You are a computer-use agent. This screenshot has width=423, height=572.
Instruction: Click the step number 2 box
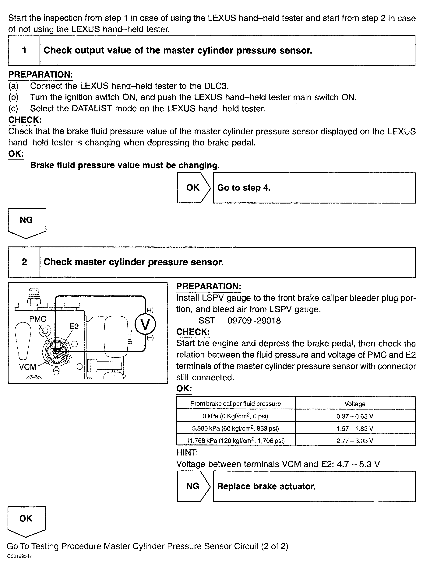tap(24, 262)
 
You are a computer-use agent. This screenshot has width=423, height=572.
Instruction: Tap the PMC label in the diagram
tap(38, 319)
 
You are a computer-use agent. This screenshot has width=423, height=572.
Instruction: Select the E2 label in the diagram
tap(74, 326)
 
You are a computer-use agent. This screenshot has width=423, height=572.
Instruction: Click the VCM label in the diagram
tap(27, 367)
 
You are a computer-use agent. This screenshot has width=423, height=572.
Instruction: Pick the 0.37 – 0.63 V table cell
tap(355, 416)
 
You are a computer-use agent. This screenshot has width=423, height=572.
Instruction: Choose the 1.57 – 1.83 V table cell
tap(355, 428)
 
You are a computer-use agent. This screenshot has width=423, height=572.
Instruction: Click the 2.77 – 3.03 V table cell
tap(355, 441)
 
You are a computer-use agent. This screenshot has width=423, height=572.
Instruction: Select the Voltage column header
tap(355, 404)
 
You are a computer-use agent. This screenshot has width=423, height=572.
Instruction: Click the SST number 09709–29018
tap(254, 321)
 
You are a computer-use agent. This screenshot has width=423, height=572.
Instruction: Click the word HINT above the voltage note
tap(187, 452)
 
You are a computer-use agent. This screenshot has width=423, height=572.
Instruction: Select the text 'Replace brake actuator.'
tap(266, 486)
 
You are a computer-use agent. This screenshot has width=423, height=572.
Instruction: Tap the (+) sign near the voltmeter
tap(150, 310)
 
